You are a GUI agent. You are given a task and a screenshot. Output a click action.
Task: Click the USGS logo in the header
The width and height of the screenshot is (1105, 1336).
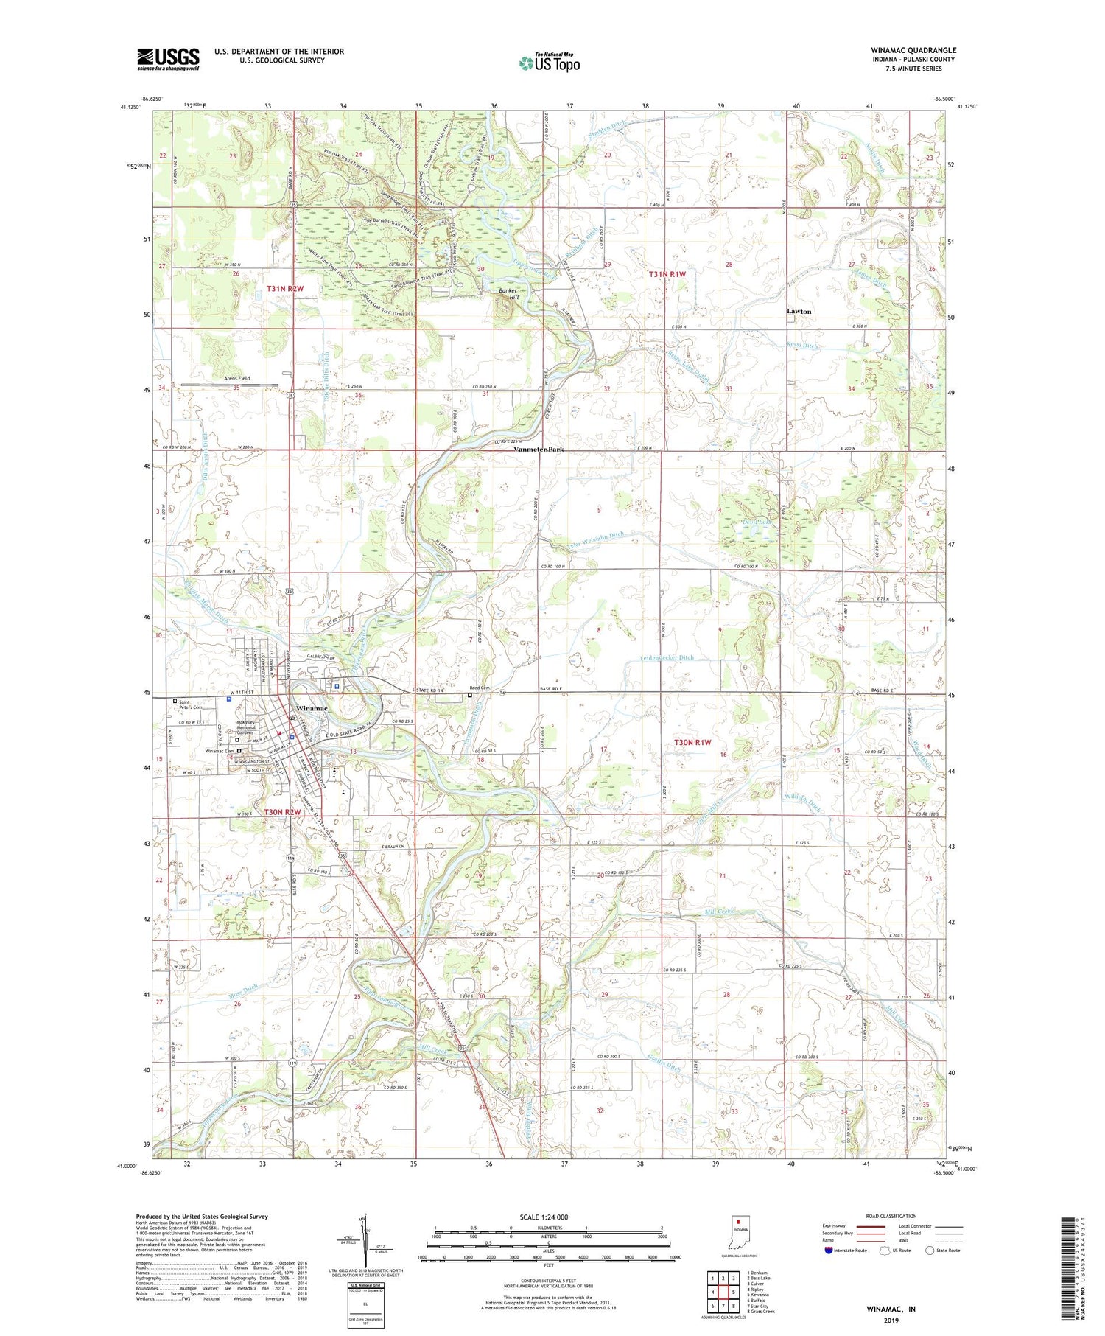tap(168, 59)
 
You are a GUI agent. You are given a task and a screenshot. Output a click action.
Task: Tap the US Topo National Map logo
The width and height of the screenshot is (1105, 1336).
tap(550, 63)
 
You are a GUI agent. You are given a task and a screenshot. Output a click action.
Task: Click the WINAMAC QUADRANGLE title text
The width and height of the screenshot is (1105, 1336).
tap(913, 51)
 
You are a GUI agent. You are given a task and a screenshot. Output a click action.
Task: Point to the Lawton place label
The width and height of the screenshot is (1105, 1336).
tap(799, 312)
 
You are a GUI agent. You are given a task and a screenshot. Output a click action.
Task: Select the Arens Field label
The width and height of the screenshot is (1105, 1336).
tap(236, 378)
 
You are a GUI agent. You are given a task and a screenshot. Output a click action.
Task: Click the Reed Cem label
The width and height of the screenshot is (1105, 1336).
tap(480, 687)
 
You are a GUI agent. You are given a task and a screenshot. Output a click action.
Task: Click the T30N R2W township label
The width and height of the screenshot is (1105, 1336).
tap(284, 812)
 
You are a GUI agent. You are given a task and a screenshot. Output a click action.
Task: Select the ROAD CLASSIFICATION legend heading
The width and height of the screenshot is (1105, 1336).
tap(891, 1217)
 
